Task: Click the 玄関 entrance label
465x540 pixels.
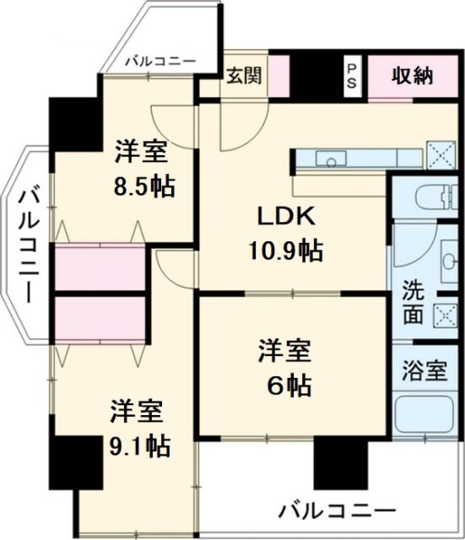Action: [243, 75]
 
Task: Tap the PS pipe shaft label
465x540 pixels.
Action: [350, 76]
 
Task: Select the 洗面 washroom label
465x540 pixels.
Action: [413, 301]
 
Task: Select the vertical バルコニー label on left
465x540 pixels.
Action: [24, 245]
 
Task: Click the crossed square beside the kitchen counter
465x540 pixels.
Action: [439, 155]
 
